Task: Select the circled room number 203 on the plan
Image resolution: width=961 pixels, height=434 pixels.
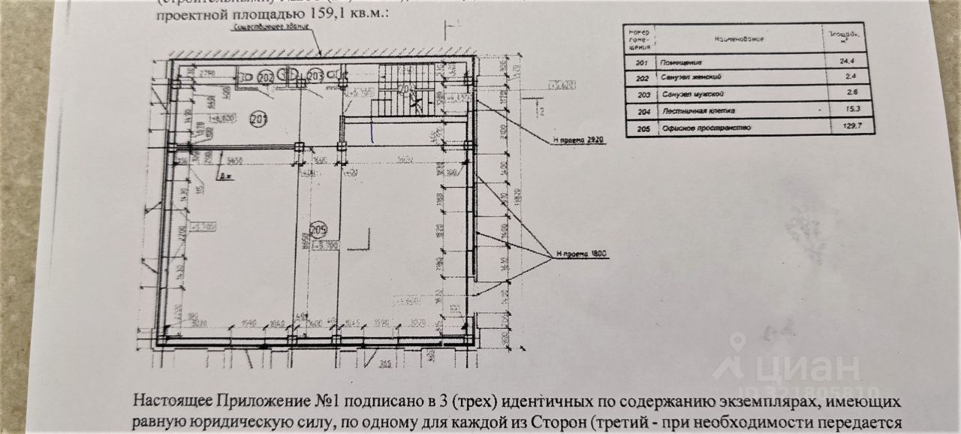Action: tap(315, 75)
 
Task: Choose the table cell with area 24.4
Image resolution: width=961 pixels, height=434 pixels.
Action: tap(849, 63)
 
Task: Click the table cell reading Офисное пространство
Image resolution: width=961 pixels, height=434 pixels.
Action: tap(698, 128)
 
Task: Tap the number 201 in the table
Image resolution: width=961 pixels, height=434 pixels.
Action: tap(640, 63)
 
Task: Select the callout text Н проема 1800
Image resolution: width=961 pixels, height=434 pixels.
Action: tap(582, 254)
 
